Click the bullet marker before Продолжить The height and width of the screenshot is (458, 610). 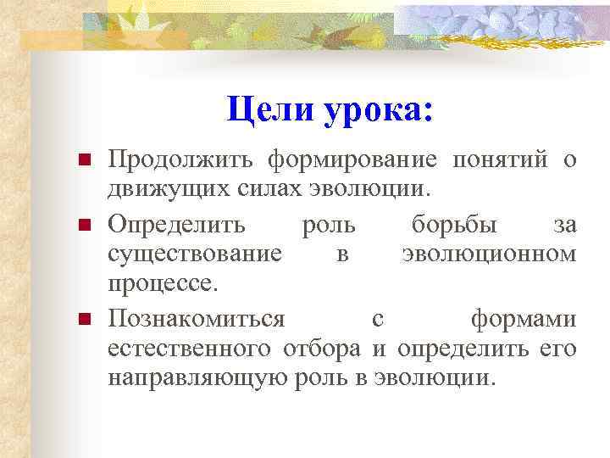point(84,159)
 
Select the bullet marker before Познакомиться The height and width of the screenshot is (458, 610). point(84,320)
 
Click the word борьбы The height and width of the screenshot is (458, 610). point(457,226)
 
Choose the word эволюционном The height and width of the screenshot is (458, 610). point(490,253)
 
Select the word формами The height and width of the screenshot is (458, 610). point(524,319)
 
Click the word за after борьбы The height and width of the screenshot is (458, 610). point(563,226)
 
